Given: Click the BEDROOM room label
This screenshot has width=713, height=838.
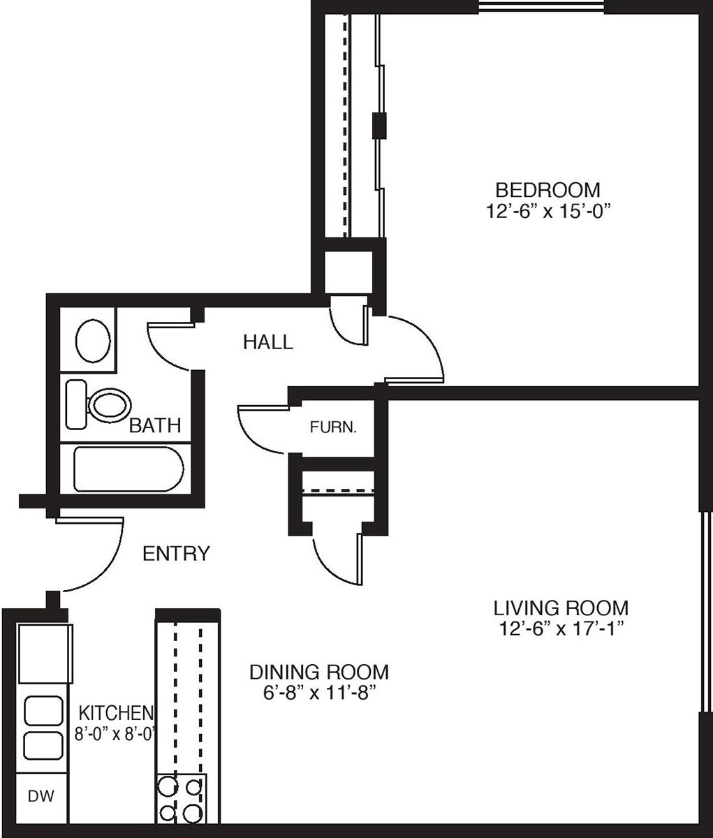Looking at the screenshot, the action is pyautogui.click(x=547, y=190).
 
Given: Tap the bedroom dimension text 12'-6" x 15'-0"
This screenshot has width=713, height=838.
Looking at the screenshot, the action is pyautogui.click(x=547, y=211).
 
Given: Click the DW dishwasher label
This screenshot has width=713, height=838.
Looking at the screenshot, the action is pyautogui.click(x=41, y=796).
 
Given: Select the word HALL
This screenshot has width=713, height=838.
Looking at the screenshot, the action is pyautogui.click(x=268, y=342).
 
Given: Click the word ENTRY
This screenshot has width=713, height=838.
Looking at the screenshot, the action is pyautogui.click(x=176, y=553).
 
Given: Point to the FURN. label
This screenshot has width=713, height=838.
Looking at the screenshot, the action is pyautogui.click(x=333, y=427).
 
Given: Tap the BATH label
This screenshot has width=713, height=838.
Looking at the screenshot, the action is pyautogui.click(x=155, y=426).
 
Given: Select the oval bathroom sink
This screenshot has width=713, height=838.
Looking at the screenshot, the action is pyautogui.click(x=93, y=341).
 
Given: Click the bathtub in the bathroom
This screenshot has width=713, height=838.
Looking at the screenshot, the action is pyautogui.click(x=128, y=469).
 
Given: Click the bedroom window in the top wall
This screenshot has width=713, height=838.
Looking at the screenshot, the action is pyautogui.click(x=541, y=6).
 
